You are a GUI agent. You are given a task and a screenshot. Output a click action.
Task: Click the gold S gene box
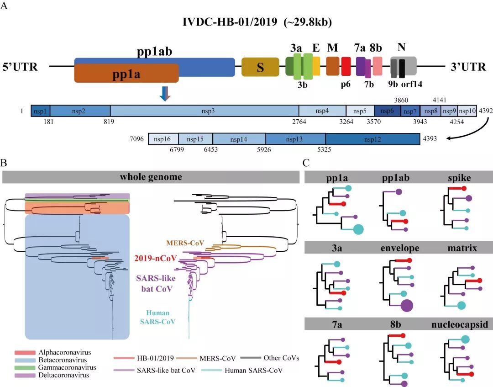tap(260, 67)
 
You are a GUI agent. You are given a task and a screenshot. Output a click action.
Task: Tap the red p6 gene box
tap(346, 67)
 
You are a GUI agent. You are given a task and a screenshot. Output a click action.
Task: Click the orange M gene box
tap(333, 66)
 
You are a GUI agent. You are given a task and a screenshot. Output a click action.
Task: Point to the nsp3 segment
tap(205, 111)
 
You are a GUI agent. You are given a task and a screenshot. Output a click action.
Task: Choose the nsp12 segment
tap(372, 139)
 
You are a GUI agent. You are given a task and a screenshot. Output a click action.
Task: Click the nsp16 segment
tap(163, 139)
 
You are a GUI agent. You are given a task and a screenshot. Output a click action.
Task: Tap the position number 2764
tap(299, 122)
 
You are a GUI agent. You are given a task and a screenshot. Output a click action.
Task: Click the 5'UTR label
tap(20, 68)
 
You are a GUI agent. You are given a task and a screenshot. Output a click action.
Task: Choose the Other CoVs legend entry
tap(283, 358)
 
